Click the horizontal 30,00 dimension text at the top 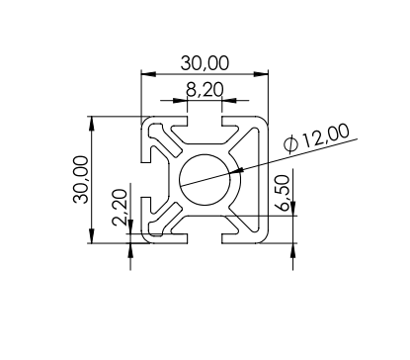pyautogui.click(x=205, y=63)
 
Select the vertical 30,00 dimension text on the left pyautogui.click(x=81, y=180)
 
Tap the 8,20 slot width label pyautogui.click(x=205, y=90)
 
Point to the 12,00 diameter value pyautogui.click(x=325, y=135)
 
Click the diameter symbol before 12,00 pyautogui.click(x=291, y=144)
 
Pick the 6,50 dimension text pyautogui.click(x=285, y=193)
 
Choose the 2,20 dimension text pyautogui.click(x=120, y=208)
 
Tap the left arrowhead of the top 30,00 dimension pyautogui.click(x=148, y=74)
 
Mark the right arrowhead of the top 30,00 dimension pyautogui.click(x=261, y=74)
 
